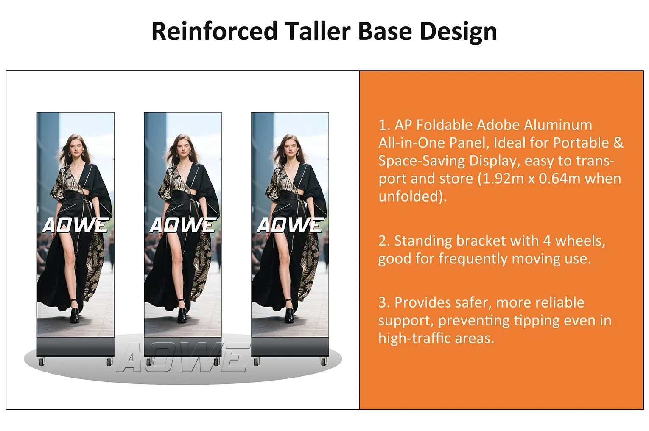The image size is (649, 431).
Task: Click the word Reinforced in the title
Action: coord(214,31)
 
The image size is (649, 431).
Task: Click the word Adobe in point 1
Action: coord(498,125)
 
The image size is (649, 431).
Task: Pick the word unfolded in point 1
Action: coord(411,196)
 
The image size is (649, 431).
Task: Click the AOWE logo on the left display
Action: coord(76,225)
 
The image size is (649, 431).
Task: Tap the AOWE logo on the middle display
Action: coord(183,225)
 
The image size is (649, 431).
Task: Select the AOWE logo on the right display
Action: coord(290,225)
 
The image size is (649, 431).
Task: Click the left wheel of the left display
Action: coord(42,362)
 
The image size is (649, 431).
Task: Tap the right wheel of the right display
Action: coord(324,362)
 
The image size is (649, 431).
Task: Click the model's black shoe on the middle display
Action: coord(182,314)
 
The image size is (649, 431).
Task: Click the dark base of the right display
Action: coord(290,347)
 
